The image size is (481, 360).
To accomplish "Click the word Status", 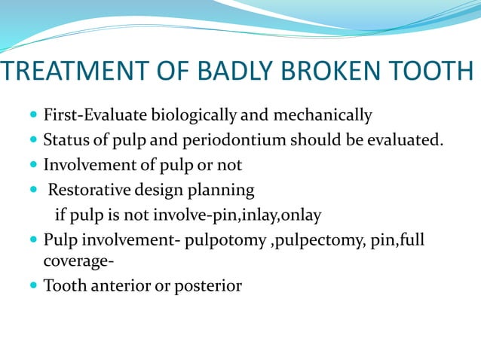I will tap(65, 141).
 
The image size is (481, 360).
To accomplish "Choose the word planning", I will tap(220, 190).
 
